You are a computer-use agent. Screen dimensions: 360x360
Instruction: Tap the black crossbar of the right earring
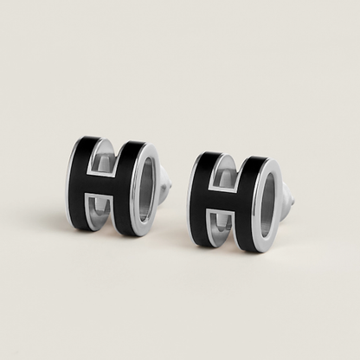click(x=224, y=201)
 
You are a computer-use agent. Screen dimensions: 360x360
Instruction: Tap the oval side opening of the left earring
click(x=147, y=186)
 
